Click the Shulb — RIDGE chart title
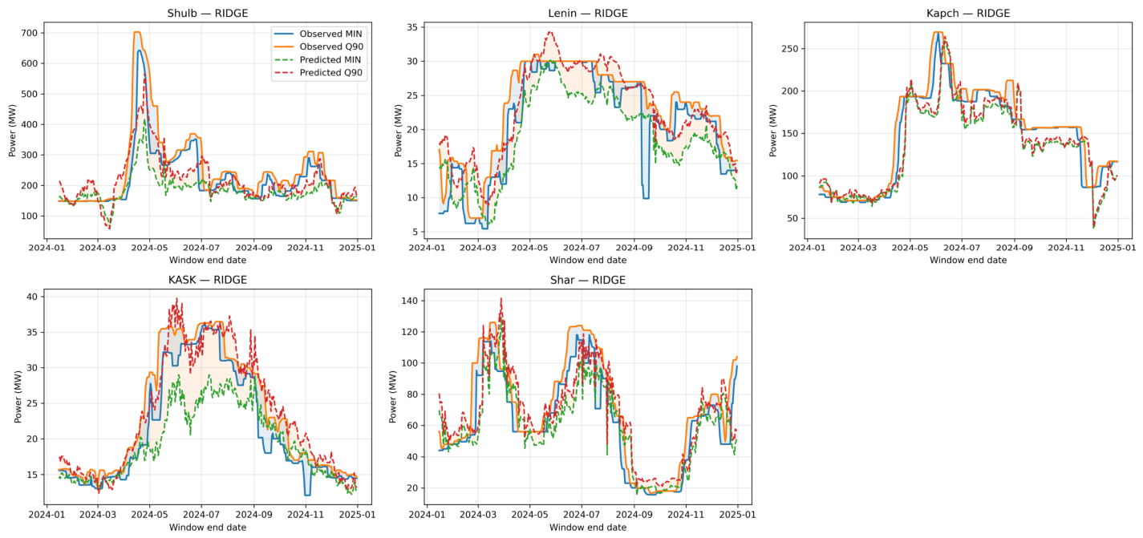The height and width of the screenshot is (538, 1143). coord(208,14)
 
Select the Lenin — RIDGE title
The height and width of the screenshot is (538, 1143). coord(588,14)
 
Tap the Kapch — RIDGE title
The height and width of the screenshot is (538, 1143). coord(968,14)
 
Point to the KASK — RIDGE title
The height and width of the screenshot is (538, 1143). coord(208,280)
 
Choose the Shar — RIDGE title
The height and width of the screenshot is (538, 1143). coord(588,280)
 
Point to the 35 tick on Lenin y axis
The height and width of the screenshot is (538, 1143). coord(412,27)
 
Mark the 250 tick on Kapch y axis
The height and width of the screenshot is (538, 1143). coord(790,49)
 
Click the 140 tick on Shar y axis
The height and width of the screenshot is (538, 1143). coord(409,301)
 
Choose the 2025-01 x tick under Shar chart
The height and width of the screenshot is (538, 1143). coord(737,515)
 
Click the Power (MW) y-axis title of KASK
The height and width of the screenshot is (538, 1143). coord(18,397)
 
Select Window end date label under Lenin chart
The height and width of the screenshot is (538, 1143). coord(588,260)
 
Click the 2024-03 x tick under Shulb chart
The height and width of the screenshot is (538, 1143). coord(98,248)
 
